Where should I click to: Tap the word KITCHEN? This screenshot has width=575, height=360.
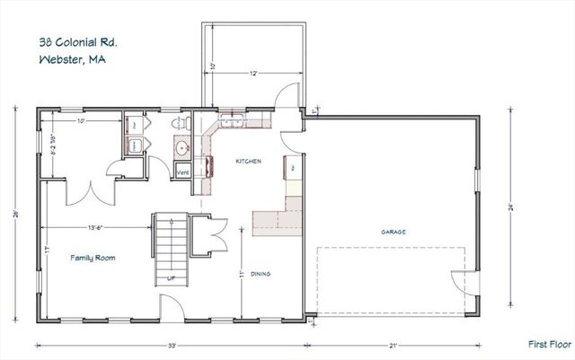pyautogui.click(x=248, y=162)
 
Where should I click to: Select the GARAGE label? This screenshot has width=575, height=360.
pyautogui.click(x=393, y=232)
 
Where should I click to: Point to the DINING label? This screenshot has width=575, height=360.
pyautogui.click(x=263, y=274)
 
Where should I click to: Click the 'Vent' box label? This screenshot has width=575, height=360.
pyautogui.click(x=182, y=171)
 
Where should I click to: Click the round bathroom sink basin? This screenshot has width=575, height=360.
pyautogui.click(x=181, y=148)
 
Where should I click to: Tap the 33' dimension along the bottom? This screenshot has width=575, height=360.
pyautogui.click(x=172, y=344)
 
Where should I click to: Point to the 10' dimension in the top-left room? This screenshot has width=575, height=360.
pyautogui.click(x=81, y=120)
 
